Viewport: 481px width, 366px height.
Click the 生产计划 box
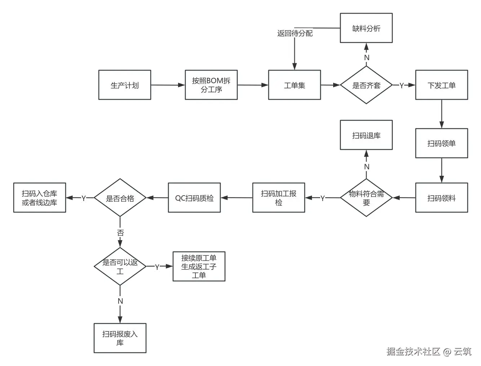pyautogui.click(x=125, y=85)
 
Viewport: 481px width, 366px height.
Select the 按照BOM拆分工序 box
pyautogui.click(x=211, y=85)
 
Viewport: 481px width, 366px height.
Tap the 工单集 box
pyautogui.click(x=295, y=85)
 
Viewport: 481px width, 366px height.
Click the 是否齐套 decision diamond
pyautogui.click(x=366, y=85)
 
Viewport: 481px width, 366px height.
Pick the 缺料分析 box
pyautogui.click(x=366, y=28)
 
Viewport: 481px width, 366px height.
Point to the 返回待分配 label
pyautogui.click(x=295, y=34)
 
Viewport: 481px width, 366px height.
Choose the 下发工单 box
pyautogui.click(x=442, y=85)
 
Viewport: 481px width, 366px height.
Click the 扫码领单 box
pyautogui.click(x=442, y=143)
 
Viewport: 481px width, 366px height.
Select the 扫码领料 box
pyautogui.click(x=442, y=198)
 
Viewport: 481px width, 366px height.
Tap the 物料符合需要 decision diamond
pyautogui.click(x=366, y=198)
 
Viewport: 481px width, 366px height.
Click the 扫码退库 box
pyautogui.click(x=366, y=135)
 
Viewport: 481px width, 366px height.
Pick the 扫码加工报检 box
pyautogui.click(x=279, y=198)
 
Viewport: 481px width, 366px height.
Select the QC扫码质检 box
pyautogui.click(x=194, y=198)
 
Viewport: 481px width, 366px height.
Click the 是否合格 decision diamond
pyautogui.click(x=120, y=198)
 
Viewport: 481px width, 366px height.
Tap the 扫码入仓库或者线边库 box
pyautogui.click(x=40, y=198)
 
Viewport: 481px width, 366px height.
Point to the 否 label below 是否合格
pyautogui.click(x=120, y=233)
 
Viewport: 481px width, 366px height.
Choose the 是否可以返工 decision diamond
pyautogui.click(x=120, y=267)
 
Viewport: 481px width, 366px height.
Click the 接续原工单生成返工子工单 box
pyautogui.click(x=199, y=267)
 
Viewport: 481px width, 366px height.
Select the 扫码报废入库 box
pyautogui.click(x=120, y=338)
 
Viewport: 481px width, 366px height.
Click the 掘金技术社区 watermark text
pyautogui.click(x=414, y=352)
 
